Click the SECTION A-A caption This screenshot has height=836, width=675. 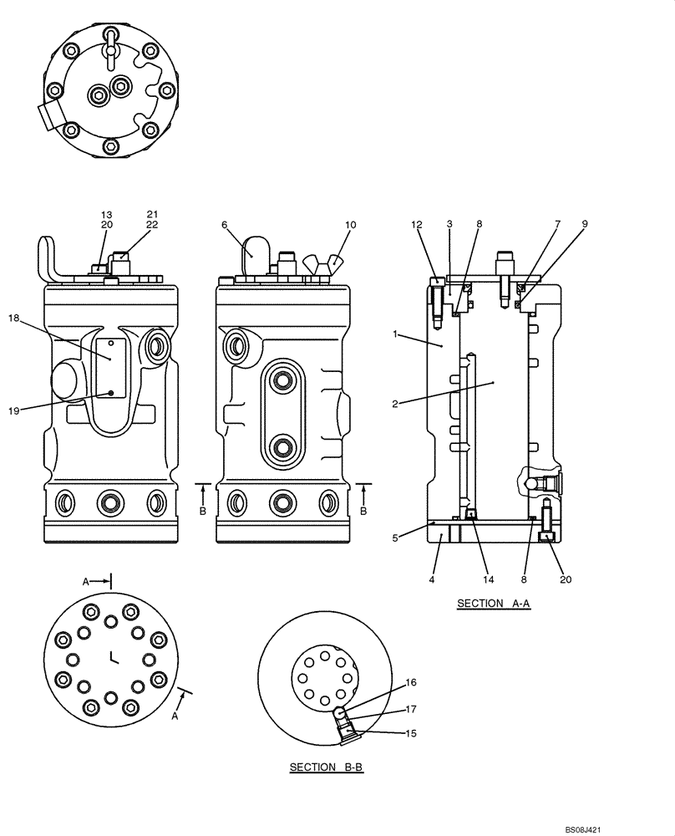tap(493, 603)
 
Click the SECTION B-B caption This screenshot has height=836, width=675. tap(326, 767)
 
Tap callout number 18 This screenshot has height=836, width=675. tap(14, 318)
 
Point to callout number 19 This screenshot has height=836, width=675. tap(14, 409)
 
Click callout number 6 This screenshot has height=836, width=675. tap(225, 225)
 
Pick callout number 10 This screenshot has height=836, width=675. tap(350, 225)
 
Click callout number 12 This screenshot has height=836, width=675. tap(418, 224)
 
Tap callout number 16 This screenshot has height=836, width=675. tap(410, 683)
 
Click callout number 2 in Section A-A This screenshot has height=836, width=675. tap(395, 404)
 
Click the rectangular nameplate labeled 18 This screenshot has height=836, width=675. tap(110, 367)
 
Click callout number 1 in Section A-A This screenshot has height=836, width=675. tap(395, 334)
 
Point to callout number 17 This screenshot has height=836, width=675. tap(410, 709)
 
